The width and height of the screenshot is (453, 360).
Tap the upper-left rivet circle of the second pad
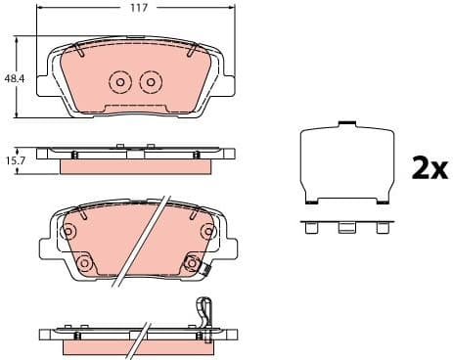click(68, 232)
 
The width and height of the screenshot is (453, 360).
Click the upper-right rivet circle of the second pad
click(207, 232)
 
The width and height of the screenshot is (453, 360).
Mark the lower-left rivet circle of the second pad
click(84, 263)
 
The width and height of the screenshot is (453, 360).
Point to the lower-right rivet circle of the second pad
click(192, 263)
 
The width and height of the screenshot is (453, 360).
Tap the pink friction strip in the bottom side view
click(137, 346)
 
